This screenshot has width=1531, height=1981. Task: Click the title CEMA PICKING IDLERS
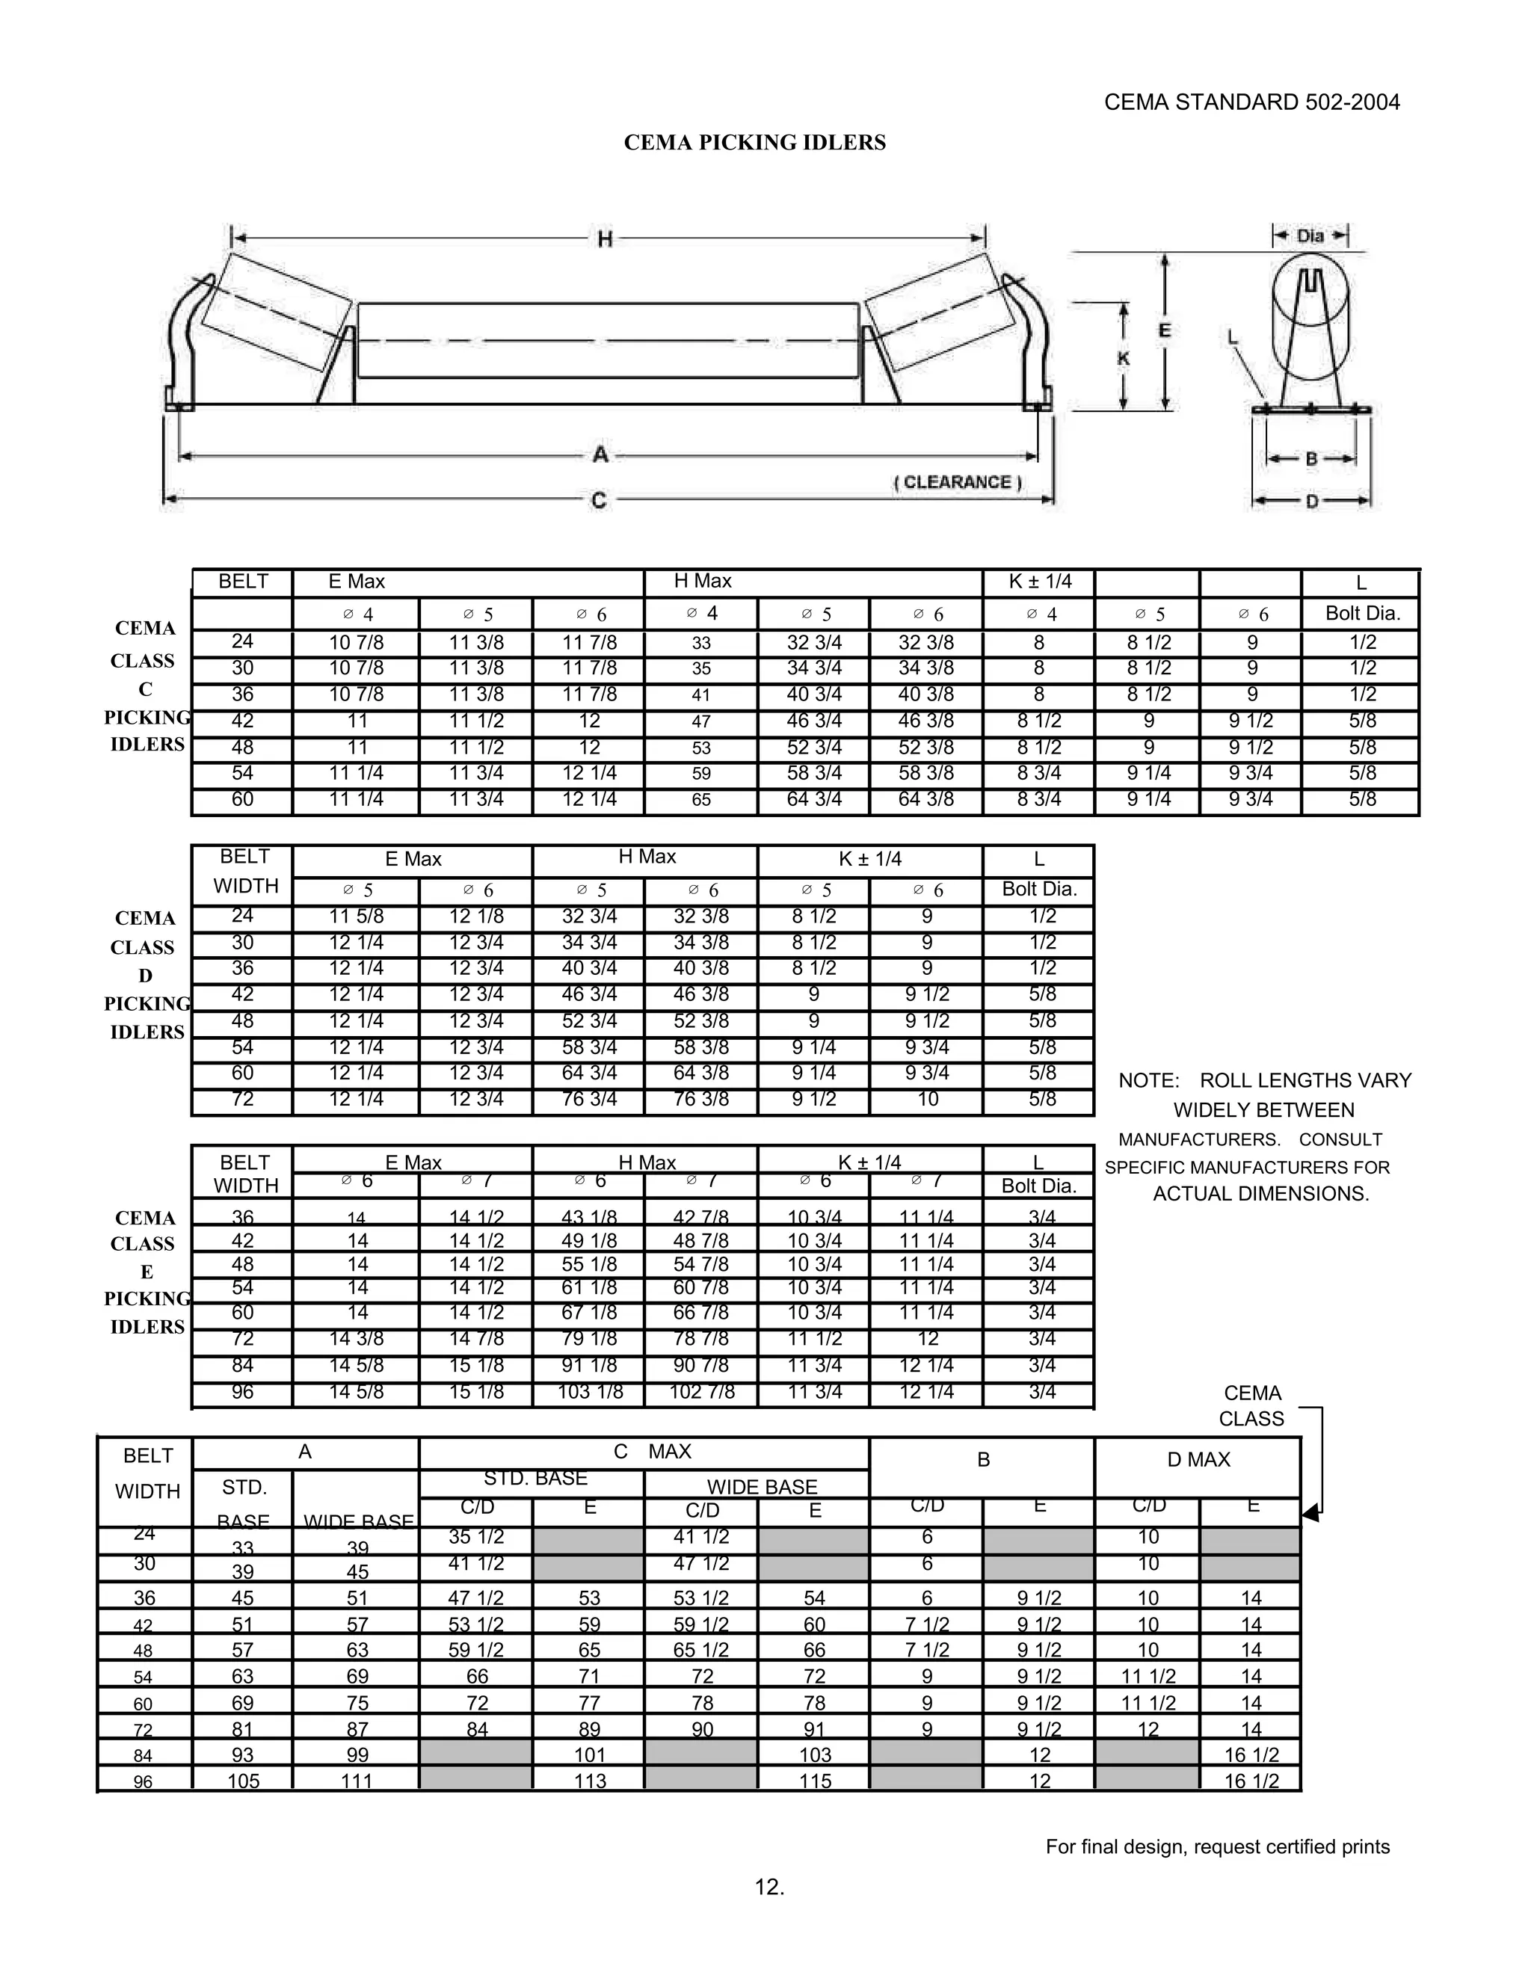(x=754, y=142)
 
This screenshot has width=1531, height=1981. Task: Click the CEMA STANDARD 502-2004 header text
(x=1251, y=102)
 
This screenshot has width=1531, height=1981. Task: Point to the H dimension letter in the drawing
(x=605, y=238)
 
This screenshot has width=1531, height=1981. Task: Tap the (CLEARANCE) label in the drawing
(x=958, y=481)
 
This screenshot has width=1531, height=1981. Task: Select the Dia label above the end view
(x=1310, y=235)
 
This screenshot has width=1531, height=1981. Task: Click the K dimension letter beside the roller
(x=1123, y=358)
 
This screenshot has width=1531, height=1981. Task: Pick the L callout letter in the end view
(x=1233, y=337)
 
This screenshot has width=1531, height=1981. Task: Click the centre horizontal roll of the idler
(x=608, y=340)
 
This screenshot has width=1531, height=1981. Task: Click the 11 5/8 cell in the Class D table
(x=356, y=916)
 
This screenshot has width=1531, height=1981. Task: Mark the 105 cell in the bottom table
(x=243, y=1781)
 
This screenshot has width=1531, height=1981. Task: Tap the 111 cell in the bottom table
(x=357, y=1781)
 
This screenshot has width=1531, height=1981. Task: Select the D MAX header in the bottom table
(x=1198, y=1459)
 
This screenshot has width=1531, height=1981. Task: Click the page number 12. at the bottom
(x=769, y=1887)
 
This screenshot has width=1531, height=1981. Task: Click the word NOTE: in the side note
(x=1148, y=1080)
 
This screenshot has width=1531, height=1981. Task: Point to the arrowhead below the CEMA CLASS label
(x=1310, y=1513)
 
